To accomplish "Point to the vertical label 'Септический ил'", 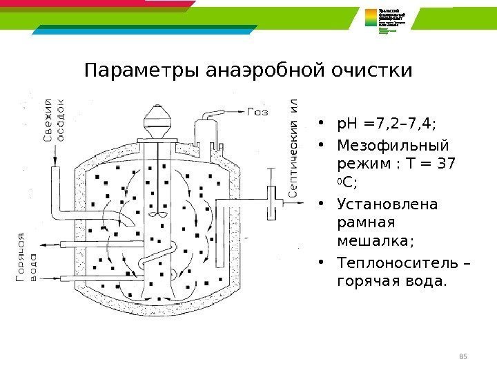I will click(294, 150).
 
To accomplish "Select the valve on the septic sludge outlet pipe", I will click(275, 202).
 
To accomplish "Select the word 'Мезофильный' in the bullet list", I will click(391, 146).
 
